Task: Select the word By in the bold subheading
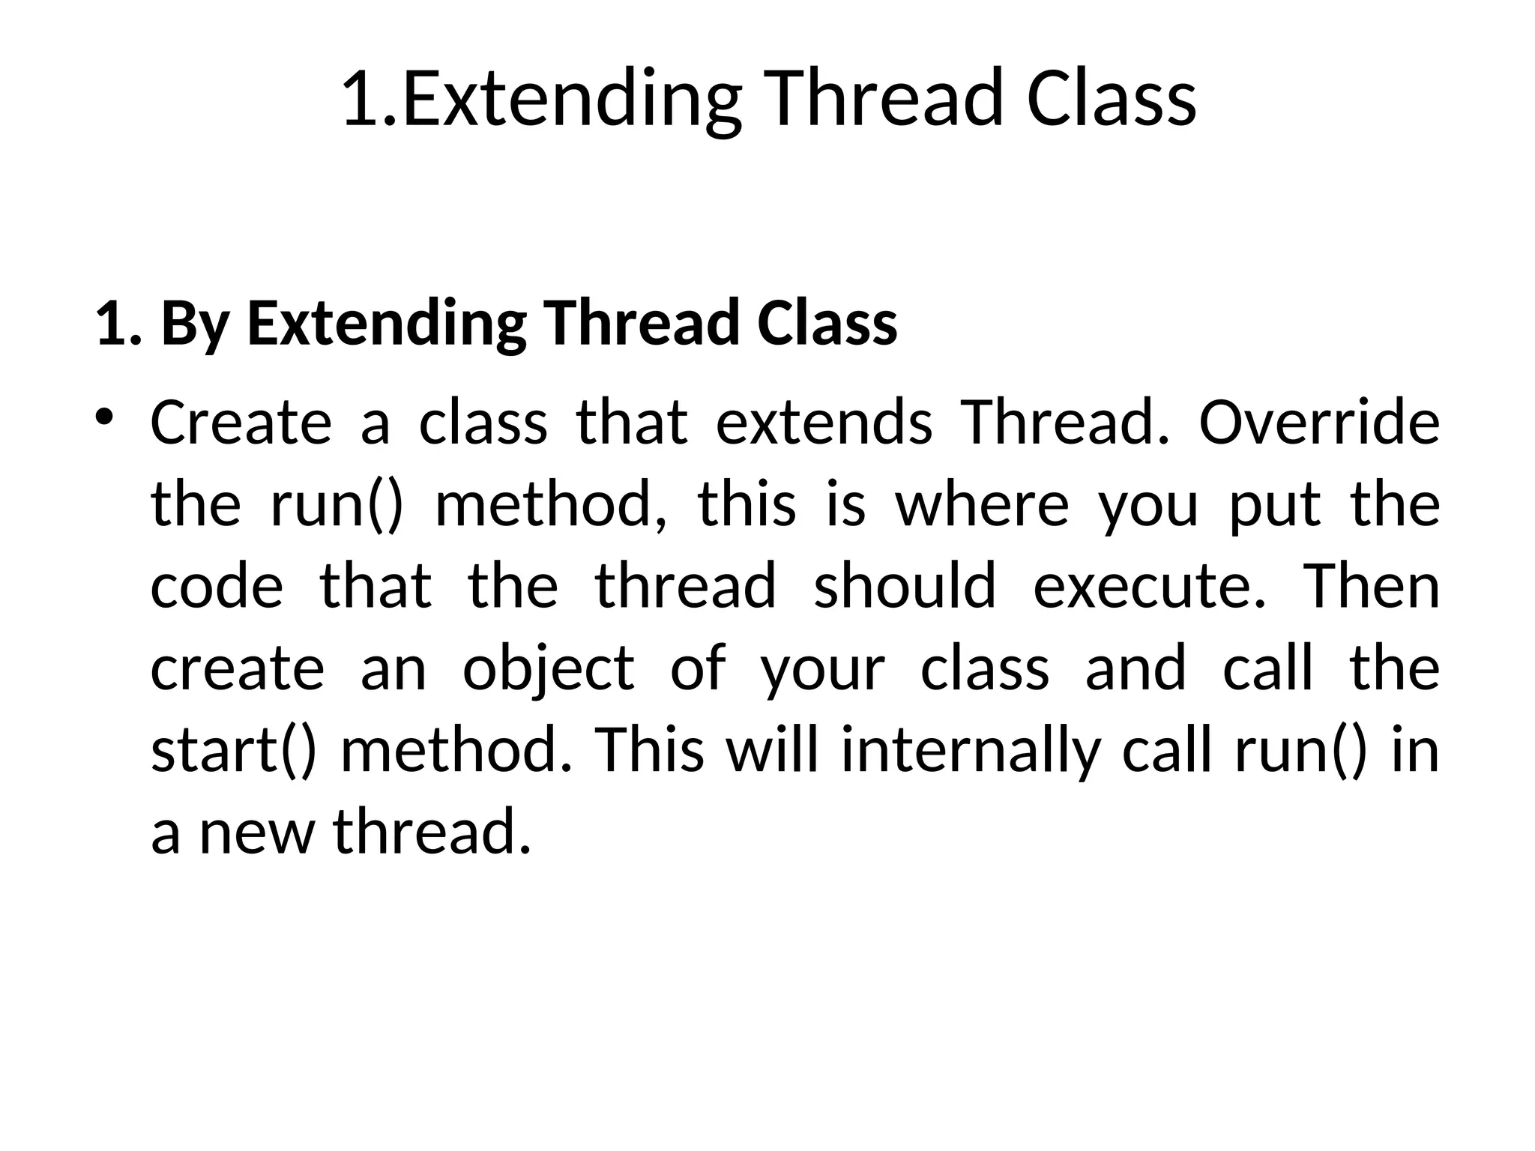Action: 194,324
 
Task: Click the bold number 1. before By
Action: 118,324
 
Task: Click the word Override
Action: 1319,423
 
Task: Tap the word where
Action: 982,504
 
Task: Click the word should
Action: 905,586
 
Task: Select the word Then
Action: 1372,586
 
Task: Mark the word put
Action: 1275,504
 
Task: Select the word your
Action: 822,668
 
